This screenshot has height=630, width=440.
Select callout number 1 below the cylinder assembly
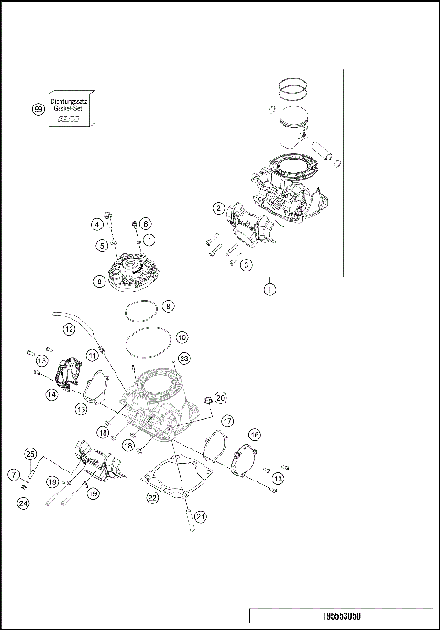tap(269, 289)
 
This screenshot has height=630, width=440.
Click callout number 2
tap(217, 208)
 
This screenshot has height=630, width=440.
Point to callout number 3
tap(246, 263)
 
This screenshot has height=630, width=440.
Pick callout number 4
tap(95, 224)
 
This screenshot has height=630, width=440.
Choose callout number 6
tap(146, 224)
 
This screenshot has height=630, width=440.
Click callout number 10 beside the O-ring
tap(181, 337)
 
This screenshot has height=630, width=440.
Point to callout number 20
tap(220, 398)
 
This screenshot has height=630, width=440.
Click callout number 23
tap(183, 358)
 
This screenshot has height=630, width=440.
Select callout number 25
tap(30, 454)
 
